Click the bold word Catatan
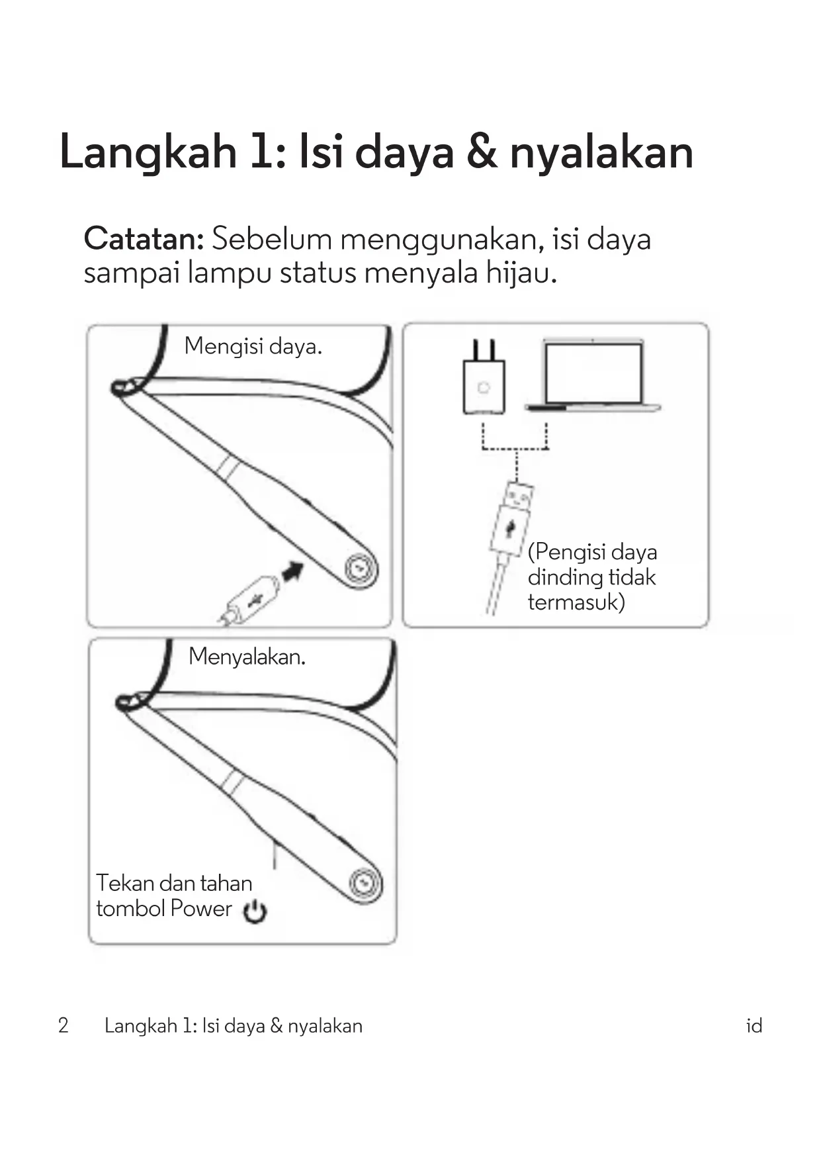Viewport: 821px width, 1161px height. tap(144, 239)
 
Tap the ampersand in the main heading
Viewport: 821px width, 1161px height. tap(482, 152)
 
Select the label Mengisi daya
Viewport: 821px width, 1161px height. tap(253, 346)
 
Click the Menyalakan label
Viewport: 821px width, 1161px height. tap(247, 657)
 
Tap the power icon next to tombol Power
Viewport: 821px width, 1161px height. tap(255, 911)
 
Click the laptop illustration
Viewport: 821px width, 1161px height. tap(593, 375)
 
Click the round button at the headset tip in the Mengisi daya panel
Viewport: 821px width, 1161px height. tap(360, 569)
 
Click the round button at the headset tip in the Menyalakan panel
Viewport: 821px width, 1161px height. tap(364, 883)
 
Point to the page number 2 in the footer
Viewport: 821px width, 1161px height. tap(64, 1025)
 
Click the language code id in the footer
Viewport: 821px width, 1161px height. tap(754, 1026)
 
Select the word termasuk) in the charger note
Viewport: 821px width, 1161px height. tap(576, 602)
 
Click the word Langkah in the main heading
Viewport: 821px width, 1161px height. tap(148, 152)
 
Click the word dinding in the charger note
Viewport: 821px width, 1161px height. tap(564, 577)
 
